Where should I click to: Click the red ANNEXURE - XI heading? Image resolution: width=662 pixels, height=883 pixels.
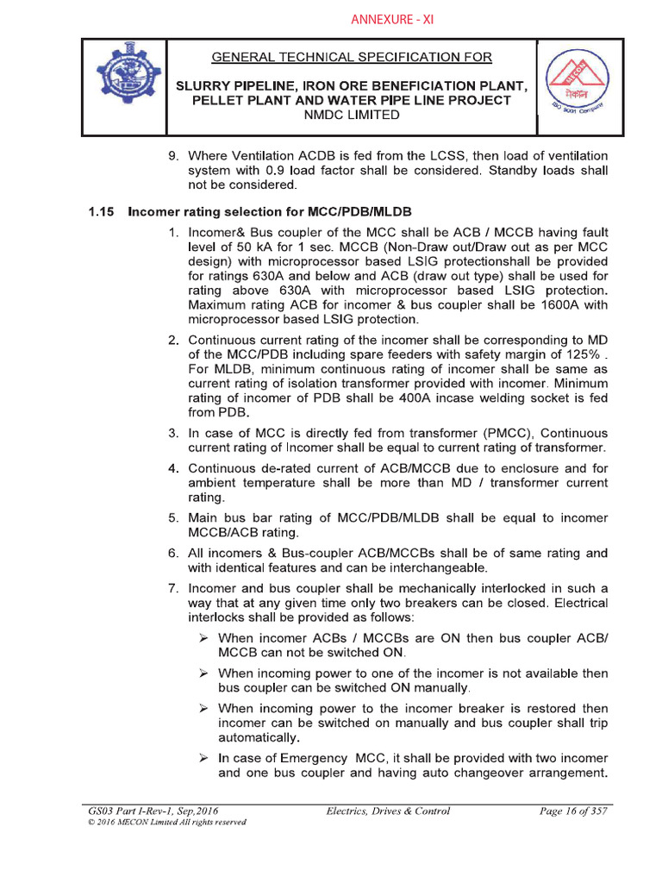click(391, 20)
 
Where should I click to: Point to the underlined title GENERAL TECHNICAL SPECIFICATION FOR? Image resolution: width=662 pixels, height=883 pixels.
click(352, 58)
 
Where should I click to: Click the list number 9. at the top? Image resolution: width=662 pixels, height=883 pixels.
click(172, 155)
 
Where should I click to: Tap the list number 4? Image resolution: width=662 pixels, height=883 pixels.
click(172, 468)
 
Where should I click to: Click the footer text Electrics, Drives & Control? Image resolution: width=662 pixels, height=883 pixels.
click(388, 811)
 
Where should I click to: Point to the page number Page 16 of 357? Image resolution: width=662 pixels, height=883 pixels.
click(572, 811)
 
